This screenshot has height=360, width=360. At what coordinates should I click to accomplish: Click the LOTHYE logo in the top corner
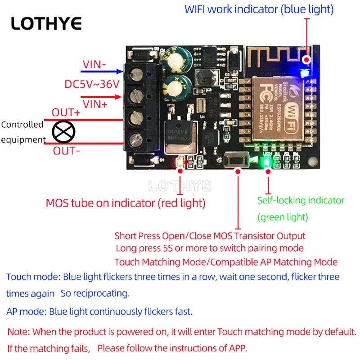click(46, 23)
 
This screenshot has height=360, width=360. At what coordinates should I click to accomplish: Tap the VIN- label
click(94, 64)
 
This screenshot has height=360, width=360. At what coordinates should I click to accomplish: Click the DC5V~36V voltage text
click(92, 84)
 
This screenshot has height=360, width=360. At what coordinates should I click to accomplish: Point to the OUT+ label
click(66, 112)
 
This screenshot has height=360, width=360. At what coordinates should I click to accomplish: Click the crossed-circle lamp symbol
click(64, 132)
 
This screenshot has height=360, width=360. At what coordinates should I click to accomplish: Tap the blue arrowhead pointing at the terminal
click(119, 71)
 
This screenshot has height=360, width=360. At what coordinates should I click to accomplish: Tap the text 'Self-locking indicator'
click(301, 200)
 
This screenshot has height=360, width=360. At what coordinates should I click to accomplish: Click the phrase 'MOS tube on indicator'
click(100, 203)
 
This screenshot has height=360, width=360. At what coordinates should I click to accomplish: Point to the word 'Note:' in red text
click(18, 332)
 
